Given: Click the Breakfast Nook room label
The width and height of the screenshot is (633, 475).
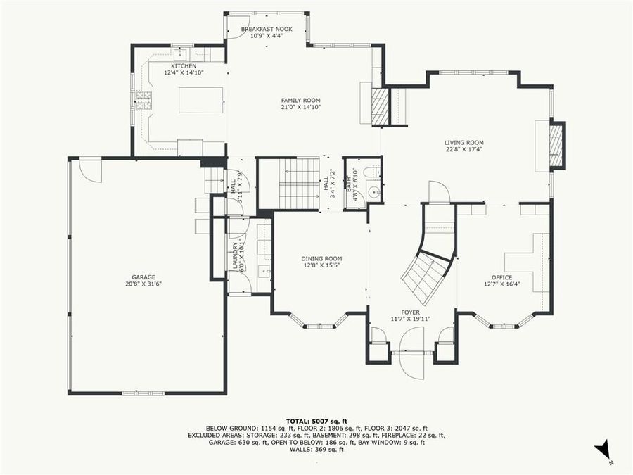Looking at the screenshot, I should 267,29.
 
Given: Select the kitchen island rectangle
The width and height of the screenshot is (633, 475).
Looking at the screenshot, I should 200,99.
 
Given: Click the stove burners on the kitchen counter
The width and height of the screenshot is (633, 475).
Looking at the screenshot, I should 144,101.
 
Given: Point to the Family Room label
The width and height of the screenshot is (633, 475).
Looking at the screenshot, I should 300,101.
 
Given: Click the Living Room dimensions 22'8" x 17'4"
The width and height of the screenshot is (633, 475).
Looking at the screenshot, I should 464,149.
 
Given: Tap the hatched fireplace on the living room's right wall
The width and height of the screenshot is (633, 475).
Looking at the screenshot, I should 556,145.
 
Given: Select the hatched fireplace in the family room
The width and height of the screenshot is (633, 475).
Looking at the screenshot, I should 380,106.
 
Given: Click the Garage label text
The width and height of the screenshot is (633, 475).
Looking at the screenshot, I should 143,277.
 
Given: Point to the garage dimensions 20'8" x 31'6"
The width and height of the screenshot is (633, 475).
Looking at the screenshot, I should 143,284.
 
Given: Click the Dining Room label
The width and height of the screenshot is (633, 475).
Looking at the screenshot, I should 321,258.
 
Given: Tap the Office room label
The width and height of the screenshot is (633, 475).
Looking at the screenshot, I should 501,277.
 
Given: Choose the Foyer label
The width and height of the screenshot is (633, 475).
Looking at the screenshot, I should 410,312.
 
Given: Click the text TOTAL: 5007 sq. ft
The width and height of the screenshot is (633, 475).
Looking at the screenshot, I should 316,420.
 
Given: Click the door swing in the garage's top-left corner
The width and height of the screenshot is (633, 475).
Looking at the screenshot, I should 90,169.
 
